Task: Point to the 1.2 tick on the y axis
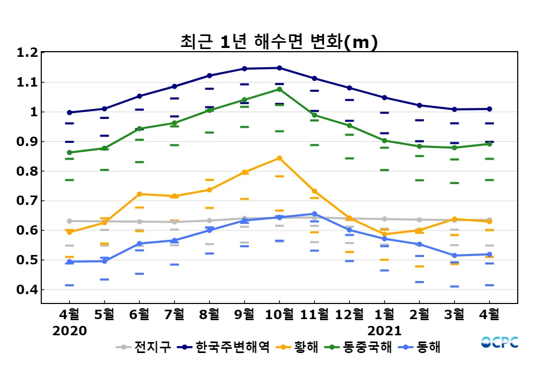tap(27, 53)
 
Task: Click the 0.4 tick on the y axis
tap(27, 290)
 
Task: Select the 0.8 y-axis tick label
tap(27, 172)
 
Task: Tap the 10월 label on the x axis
tap(279, 314)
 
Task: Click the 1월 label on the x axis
tap(385, 314)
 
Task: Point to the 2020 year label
tap(69, 331)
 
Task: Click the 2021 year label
tap(385, 331)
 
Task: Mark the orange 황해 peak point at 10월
tap(279, 158)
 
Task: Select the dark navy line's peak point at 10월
tap(279, 68)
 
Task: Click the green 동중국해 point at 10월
tap(279, 89)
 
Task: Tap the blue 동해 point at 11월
tap(315, 214)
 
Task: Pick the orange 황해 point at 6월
tap(139, 194)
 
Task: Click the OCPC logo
tap(499, 342)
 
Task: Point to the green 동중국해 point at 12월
tap(350, 126)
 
